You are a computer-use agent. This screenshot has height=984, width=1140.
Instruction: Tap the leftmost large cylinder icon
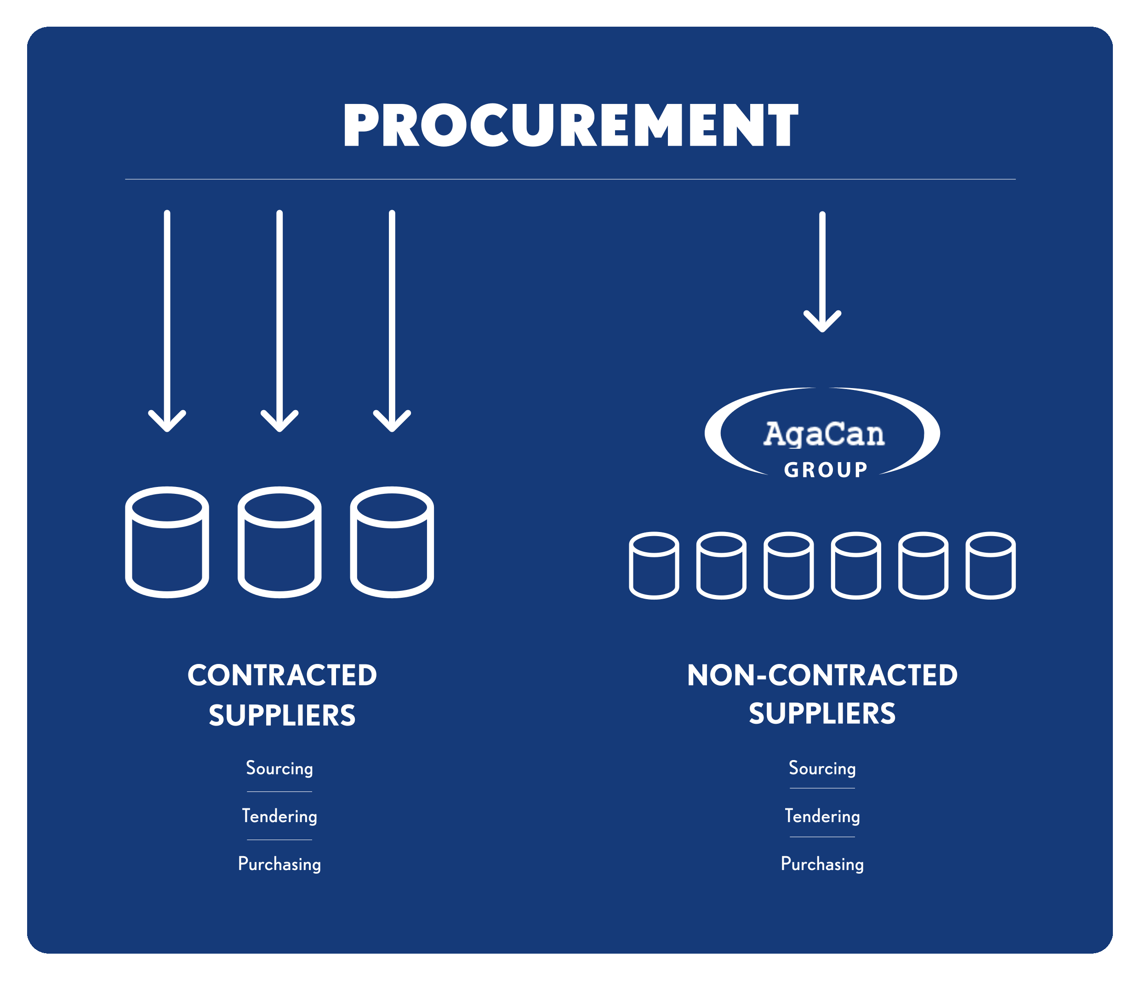[x=167, y=542]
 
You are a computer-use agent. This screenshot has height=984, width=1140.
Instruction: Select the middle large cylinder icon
[x=279, y=542]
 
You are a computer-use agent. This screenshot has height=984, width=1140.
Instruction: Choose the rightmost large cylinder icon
[x=392, y=542]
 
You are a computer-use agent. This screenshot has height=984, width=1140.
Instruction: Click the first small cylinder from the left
[x=654, y=565]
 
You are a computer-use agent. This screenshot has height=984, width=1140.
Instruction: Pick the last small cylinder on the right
[x=990, y=565]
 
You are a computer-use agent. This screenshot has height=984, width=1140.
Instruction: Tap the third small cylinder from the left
[x=788, y=565]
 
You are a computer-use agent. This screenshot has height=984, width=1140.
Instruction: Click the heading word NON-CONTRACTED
[x=822, y=675]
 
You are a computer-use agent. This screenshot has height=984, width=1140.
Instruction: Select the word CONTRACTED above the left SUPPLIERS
[x=282, y=675]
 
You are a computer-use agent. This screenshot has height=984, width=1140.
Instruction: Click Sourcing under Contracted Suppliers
[x=279, y=768]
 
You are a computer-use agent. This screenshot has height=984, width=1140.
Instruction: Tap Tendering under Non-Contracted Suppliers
[x=822, y=816]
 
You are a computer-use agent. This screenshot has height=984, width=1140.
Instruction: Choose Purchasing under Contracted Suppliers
[x=279, y=864]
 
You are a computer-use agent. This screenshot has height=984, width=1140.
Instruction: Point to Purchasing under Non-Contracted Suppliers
[x=822, y=864]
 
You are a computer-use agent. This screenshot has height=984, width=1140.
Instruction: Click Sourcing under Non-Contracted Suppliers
[x=822, y=768]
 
